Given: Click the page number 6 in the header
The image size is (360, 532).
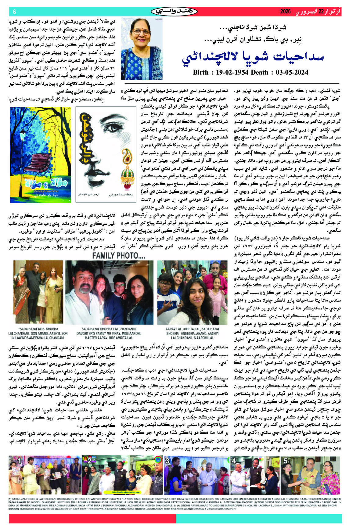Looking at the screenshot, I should tap(14, 12).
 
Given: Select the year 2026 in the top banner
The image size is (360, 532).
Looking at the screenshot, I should tap(286, 12).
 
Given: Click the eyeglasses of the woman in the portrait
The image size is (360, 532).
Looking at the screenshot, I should tap(142, 32).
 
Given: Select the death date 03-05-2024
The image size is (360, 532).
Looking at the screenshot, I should tap(292, 73).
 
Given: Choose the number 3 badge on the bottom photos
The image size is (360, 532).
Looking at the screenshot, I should tap(167, 461).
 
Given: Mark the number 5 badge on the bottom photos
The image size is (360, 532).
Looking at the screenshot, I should tap(286, 461).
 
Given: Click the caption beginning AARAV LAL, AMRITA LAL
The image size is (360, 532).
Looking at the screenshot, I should tap(193, 333).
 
